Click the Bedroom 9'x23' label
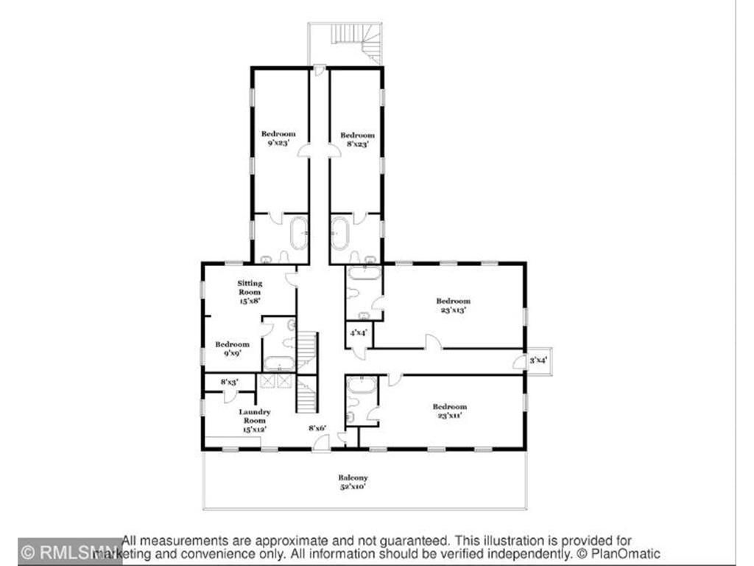pyautogui.click(x=278, y=139)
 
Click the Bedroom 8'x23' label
pyautogui.click(x=357, y=140)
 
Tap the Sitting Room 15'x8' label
pyautogui.click(x=250, y=292)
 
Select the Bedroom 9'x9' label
pyautogui.click(x=232, y=348)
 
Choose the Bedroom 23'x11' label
pyautogui.click(x=449, y=411)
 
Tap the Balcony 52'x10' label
pyautogui.click(x=353, y=482)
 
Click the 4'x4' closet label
pyautogui.click(x=359, y=333)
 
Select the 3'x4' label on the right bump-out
pyautogui.click(x=538, y=360)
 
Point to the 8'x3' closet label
pyautogui.click(x=229, y=381)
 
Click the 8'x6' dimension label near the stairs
pyautogui.click(x=317, y=427)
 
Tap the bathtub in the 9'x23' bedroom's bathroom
pyautogui.click(x=299, y=234)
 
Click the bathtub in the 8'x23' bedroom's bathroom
pyautogui.click(x=339, y=234)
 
